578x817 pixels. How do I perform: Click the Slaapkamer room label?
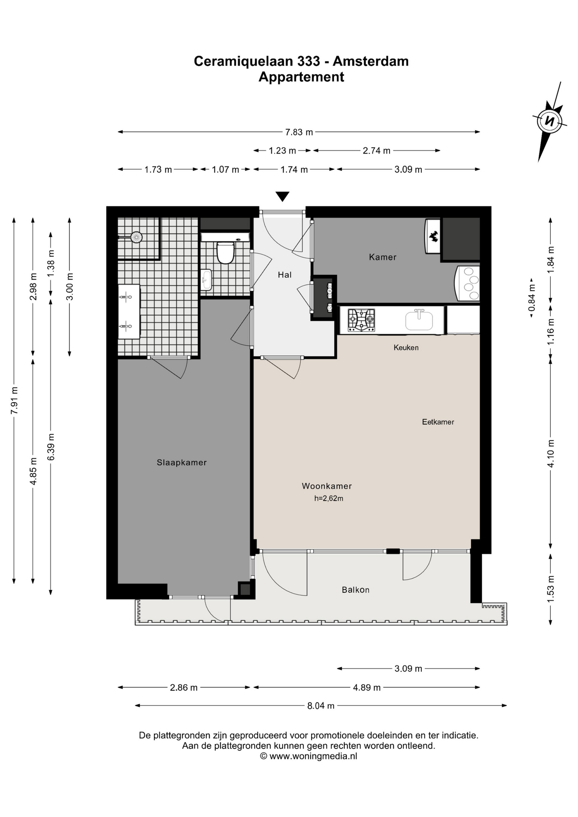coord(182,463)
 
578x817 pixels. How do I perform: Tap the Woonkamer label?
coord(327,486)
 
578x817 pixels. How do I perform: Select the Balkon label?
coord(355,590)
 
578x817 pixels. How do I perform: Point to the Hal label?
coord(285,275)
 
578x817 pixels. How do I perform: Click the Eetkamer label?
coord(438,422)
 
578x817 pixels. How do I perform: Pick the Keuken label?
coord(406,348)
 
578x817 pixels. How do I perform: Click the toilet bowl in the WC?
coord(226,253)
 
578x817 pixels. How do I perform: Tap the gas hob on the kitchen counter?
coord(361,320)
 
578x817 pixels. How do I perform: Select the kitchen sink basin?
coord(419,320)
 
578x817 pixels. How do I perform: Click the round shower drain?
coord(136,237)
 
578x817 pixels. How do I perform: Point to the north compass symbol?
coord(549,121)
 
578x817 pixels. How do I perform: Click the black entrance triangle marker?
coord(282,197)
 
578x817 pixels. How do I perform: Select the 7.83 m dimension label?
coord(299,132)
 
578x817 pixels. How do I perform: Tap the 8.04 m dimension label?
coord(321,706)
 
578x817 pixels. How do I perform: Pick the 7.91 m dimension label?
coord(14,400)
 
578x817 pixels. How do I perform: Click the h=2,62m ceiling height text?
coord(329,498)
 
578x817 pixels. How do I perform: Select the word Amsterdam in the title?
coord(371,61)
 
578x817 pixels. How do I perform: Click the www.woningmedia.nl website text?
coord(313,756)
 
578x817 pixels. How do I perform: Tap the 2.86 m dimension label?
coord(184,687)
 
